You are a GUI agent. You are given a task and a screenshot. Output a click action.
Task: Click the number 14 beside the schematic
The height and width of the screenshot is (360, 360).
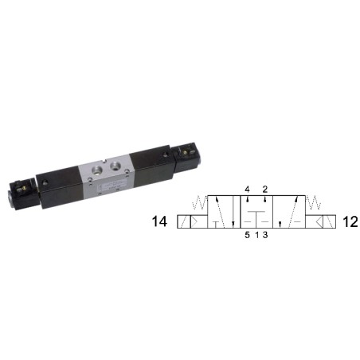tap(159, 221)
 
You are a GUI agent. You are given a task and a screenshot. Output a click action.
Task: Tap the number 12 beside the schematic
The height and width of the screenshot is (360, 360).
tap(350, 221)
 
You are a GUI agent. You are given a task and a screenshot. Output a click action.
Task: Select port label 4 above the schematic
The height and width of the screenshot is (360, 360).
tap(247, 190)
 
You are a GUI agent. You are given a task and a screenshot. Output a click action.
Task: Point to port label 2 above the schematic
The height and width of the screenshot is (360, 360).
tap(265, 190)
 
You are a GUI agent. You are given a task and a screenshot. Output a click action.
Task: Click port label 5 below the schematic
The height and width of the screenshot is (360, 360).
tap(247, 235)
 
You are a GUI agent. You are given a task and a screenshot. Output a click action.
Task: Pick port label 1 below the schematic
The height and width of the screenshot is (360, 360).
tap(256, 235)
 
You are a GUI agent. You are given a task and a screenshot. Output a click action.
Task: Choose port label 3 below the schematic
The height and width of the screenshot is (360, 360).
tap(265, 235)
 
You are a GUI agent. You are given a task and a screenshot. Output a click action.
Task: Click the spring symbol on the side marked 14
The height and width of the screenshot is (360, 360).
tap(199, 202)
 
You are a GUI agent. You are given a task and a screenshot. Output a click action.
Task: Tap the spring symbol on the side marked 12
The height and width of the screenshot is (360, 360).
tap(314, 202)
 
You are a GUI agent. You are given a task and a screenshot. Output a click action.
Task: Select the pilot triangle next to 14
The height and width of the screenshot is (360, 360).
tap(194, 221)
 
